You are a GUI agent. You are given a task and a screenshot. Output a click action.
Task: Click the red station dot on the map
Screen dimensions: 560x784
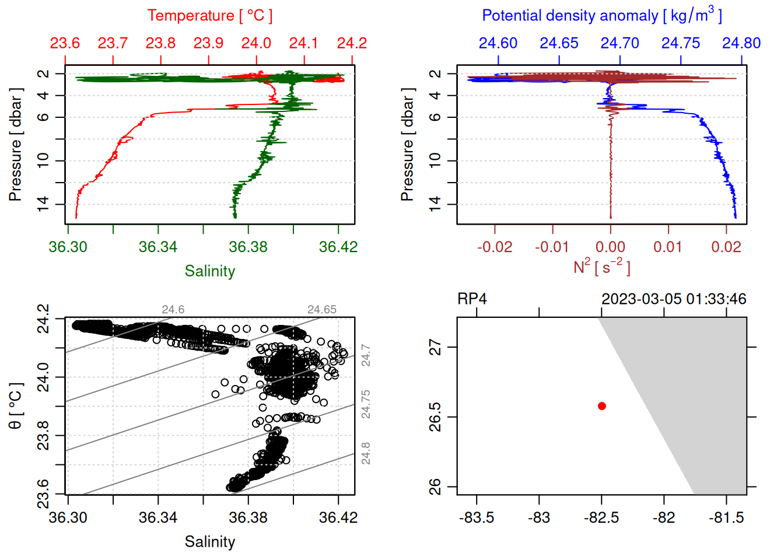[602, 406]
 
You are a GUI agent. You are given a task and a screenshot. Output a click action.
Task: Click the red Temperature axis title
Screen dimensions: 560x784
[209, 16]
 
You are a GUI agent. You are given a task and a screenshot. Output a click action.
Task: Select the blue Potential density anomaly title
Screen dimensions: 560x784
[601, 16]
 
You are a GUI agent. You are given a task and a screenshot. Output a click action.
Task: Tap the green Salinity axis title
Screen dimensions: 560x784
[209, 271]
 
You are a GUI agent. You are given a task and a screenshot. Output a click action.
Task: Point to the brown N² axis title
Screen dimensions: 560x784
[601, 267]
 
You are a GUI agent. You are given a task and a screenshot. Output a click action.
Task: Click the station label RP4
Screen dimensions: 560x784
[472, 299]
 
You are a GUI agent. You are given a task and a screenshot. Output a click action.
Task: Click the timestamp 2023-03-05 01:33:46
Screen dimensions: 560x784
[674, 299]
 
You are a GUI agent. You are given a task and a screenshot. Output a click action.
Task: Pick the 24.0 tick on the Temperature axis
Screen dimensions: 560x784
[256, 43]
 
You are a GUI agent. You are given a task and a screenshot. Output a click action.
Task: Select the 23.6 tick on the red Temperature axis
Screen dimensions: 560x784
[65, 43]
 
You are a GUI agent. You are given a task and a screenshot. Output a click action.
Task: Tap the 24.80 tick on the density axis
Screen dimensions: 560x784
[741, 43]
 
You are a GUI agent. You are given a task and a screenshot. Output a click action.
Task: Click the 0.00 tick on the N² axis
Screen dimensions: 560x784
[610, 247]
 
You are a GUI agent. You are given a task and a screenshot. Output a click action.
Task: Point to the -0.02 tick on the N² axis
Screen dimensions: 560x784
[495, 247]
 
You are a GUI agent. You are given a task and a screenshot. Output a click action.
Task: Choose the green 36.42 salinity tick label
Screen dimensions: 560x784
[338, 247]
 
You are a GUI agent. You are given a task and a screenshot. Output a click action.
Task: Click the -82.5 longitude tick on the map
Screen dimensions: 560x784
[601, 517]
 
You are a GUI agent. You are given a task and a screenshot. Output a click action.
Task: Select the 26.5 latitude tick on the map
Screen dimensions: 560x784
[435, 416]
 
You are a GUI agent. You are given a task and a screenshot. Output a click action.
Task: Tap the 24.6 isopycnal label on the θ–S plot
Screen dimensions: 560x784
[173, 310]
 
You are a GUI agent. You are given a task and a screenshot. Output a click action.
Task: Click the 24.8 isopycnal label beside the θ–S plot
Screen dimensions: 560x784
[366, 453]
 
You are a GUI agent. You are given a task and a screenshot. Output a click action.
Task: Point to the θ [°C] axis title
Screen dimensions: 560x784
[16, 406]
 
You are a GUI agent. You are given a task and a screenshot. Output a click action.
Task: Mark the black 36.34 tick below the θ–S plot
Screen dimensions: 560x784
[158, 517]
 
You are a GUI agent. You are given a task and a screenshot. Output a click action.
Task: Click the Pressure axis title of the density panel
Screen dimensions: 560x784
[408, 145]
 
